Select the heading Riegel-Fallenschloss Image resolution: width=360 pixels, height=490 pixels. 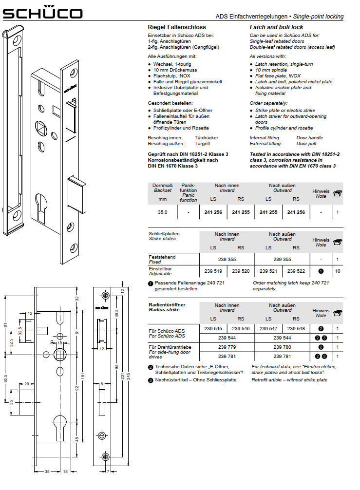click(x=177, y=27)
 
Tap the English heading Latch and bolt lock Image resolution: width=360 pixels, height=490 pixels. click(x=276, y=27)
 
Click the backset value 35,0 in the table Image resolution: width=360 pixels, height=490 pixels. click(x=163, y=212)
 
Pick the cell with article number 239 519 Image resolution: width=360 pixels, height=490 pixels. click(x=213, y=271)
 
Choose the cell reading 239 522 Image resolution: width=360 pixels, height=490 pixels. click(x=296, y=271)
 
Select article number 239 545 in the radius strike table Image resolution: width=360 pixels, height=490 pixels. click(x=213, y=328)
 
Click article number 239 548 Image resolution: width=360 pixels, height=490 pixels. click(x=296, y=328)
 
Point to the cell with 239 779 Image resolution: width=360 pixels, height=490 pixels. click(x=227, y=347)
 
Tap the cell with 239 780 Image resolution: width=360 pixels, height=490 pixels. click(x=283, y=347)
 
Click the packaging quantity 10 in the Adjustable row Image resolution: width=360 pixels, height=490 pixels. click(x=338, y=271)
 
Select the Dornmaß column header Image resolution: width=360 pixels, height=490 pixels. click(x=163, y=186)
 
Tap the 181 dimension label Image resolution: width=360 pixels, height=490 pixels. click(x=83, y=375)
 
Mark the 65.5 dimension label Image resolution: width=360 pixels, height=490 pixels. click(x=5, y=378)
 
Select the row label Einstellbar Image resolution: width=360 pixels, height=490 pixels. click(x=160, y=268)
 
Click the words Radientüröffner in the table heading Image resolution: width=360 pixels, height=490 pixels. click(x=167, y=304)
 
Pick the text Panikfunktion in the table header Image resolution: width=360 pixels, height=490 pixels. click(x=188, y=188)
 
